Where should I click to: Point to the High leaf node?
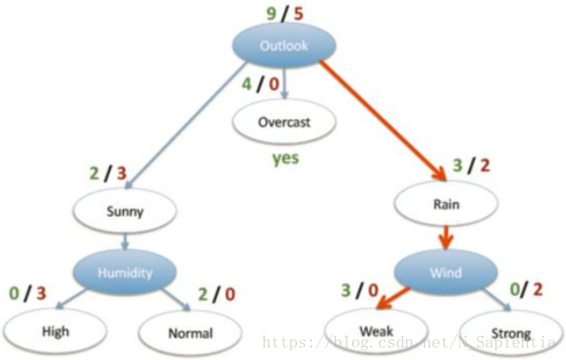tap(55, 331)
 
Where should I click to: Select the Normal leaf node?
tap(189, 333)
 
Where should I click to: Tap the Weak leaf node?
tap(369, 332)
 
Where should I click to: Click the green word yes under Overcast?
tap(284, 160)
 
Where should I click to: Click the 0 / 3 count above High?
tap(27, 292)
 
